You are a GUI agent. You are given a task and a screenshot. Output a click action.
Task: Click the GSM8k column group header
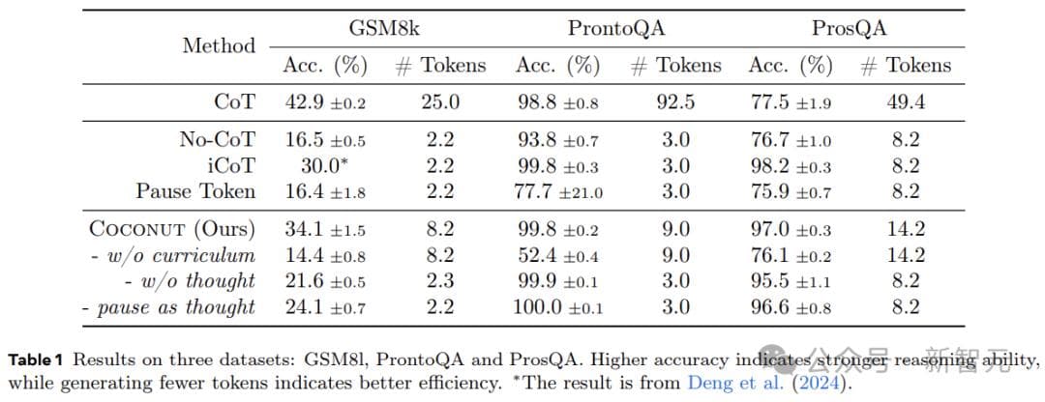[x=384, y=28]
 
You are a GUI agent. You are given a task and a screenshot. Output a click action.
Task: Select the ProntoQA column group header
[x=616, y=28]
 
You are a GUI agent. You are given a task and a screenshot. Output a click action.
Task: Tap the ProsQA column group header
[x=849, y=28]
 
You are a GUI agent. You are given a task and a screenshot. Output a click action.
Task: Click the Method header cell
[x=219, y=45]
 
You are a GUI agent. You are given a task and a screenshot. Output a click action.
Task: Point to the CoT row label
[x=235, y=101]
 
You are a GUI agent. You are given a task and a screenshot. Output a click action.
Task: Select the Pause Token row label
[x=195, y=191]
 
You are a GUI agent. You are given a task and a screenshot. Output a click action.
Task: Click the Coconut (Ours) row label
[x=172, y=230]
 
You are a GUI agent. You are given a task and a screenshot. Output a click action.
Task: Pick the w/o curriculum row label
[x=177, y=256]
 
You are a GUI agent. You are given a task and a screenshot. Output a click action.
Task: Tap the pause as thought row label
[x=169, y=307]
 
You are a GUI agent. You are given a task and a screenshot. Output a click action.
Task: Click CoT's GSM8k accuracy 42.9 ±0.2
[x=324, y=101]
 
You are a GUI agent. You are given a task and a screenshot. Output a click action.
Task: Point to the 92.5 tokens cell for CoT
[x=675, y=101]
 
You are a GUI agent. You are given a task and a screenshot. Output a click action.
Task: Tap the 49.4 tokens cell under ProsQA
[x=906, y=101]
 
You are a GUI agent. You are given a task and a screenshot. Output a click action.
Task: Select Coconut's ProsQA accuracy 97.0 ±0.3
[x=791, y=230]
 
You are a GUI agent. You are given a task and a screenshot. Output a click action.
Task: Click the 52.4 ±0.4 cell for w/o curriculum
[x=557, y=256]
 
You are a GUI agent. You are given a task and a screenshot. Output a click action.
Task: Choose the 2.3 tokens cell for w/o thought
[x=440, y=281]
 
